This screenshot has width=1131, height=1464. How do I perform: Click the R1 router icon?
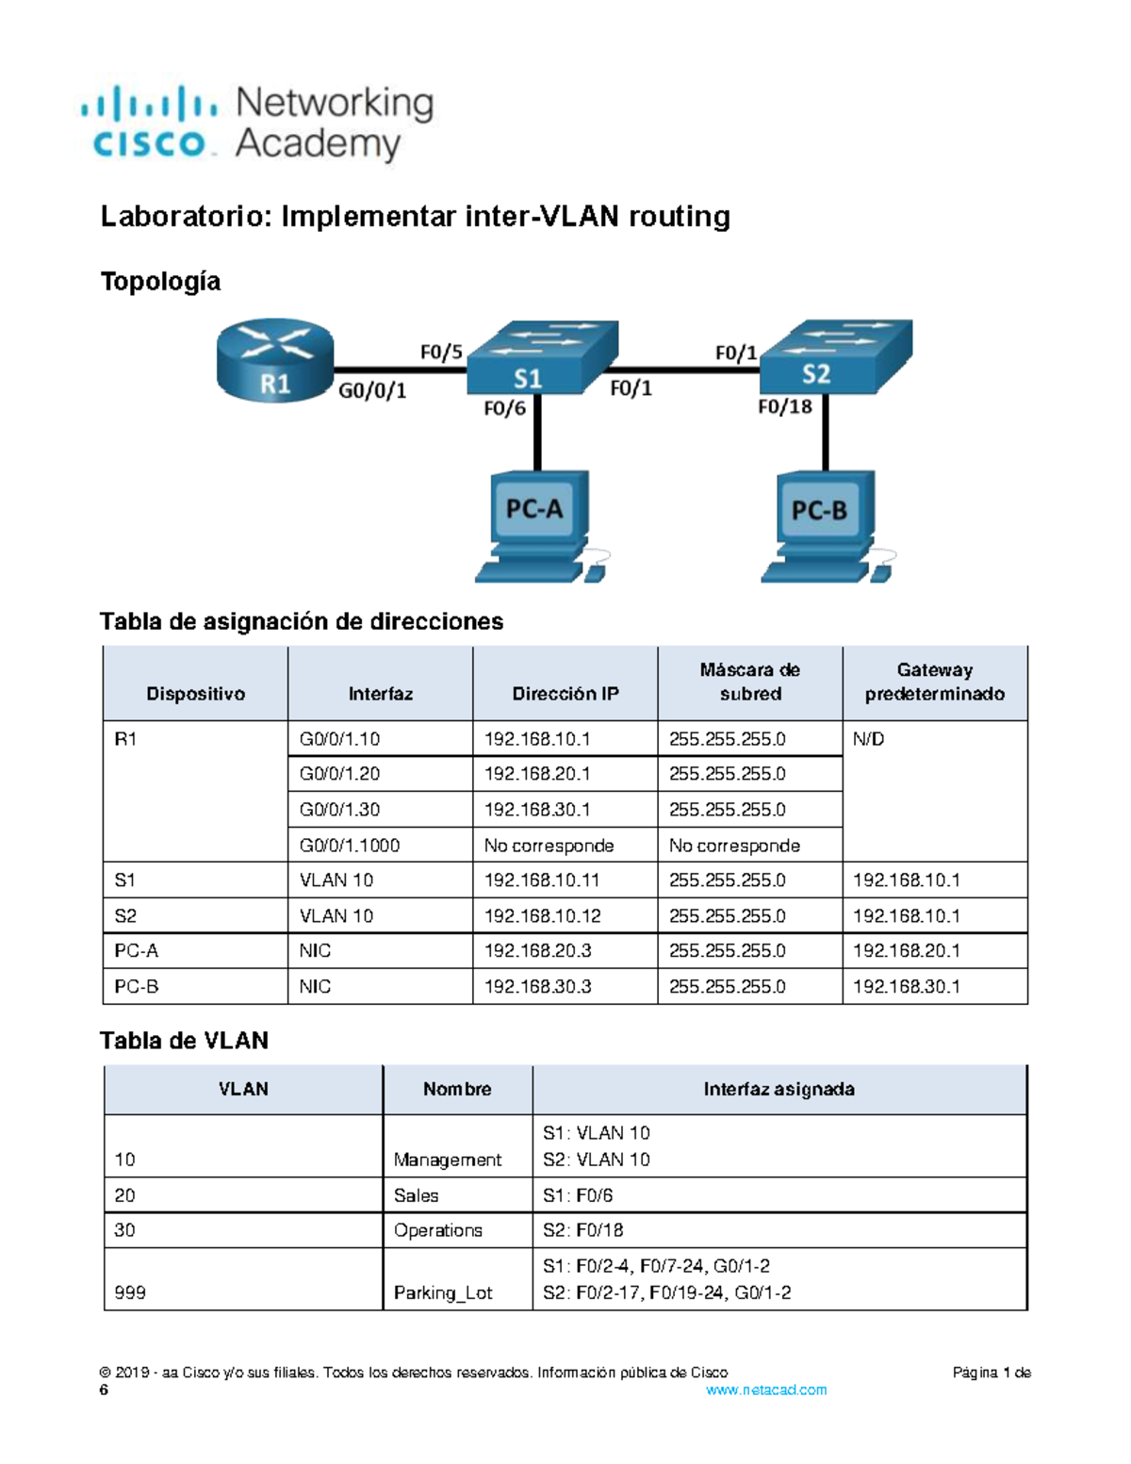pyautogui.click(x=274, y=360)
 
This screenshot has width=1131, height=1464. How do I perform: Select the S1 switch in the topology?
pyautogui.click(x=541, y=359)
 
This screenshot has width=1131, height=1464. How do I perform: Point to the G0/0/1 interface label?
pyautogui.click(x=372, y=390)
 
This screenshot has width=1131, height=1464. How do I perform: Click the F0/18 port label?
pyautogui.click(x=784, y=406)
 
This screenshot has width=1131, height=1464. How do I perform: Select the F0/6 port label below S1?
pyautogui.click(x=504, y=408)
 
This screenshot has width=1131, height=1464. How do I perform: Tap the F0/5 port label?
pyautogui.click(x=441, y=353)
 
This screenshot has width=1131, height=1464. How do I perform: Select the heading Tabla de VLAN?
pyautogui.click(x=184, y=1040)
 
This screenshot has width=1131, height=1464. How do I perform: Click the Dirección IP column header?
pyautogui.click(x=565, y=694)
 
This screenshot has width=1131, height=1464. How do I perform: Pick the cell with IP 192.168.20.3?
pyautogui.click(x=537, y=950)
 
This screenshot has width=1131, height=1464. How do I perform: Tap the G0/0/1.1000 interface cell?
pyautogui.click(x=349, y=846)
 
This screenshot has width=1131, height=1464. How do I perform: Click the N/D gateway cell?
pyautogui.click(x=868, y=739)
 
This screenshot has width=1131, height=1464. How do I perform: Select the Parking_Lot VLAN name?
pyautogui.click(x=442, y=1292)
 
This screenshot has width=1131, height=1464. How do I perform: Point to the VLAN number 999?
pyautogui.click(x=130, y=1292)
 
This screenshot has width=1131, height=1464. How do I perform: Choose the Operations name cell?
pyautogui.click(x=437, y=1230)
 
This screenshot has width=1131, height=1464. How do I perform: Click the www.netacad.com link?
pyautogui.click(x=765, y=1390)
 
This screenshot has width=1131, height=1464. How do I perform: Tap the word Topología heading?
pyautogui.click(x=160, y=281)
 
